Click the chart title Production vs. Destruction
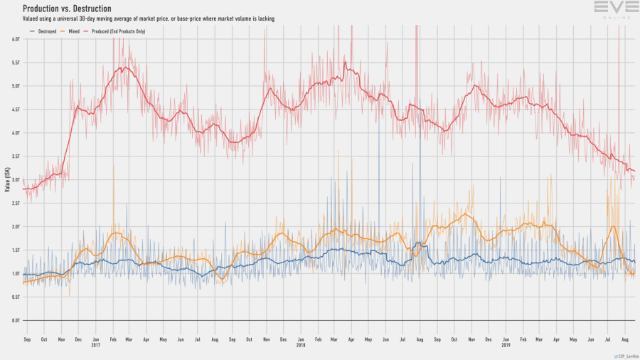coord(67,9)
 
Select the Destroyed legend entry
coord(44,31)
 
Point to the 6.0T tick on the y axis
coord(16,38)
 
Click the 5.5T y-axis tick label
coord(16,62)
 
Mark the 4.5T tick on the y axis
coord(16,109)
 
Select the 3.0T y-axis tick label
coord(16,179)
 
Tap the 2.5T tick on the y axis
coord(16,203)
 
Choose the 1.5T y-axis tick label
coord(16,250)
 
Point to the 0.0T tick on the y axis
coord(16,320)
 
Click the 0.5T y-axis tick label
coord(16,297)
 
